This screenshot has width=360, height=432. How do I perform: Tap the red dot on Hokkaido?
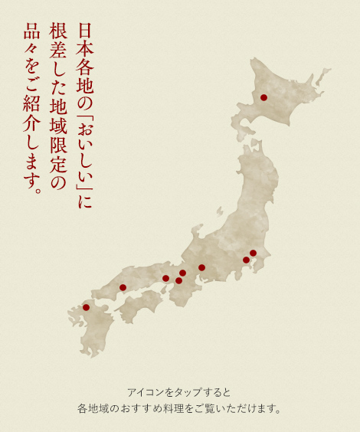(263, 97)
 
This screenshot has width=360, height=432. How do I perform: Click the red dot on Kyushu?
(86, 307)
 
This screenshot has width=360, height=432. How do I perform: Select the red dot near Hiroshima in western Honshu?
(123, 287)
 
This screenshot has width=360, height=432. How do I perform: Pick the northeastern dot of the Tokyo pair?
(253, 253)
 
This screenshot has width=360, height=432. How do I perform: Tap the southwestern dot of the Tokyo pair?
(246, 260)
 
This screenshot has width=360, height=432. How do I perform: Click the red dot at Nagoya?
(201, 267)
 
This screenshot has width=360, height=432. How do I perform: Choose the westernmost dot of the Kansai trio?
(165, 278)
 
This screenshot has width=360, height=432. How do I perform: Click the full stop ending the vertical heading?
(35, 188)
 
